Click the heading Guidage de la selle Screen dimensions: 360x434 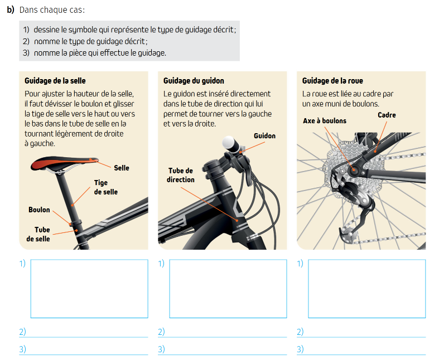[55, 81]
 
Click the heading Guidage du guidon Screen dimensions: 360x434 [194, 81]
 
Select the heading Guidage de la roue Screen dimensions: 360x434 [332, 81]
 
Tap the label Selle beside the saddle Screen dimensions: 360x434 [122, 168]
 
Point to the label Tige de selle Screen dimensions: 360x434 [105, 187]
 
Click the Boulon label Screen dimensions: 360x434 [39, 210]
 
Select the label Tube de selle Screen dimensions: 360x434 [38, 234]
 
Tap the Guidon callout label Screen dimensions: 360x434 [264, 135]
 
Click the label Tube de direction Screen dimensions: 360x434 [181, 175]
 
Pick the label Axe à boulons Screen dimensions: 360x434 [325, 120]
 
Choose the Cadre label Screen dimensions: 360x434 [387, 115]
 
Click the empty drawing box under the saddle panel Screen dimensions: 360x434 [89, 289]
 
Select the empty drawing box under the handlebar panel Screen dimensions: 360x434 [228, 289]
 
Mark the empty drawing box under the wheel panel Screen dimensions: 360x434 [367, 289]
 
